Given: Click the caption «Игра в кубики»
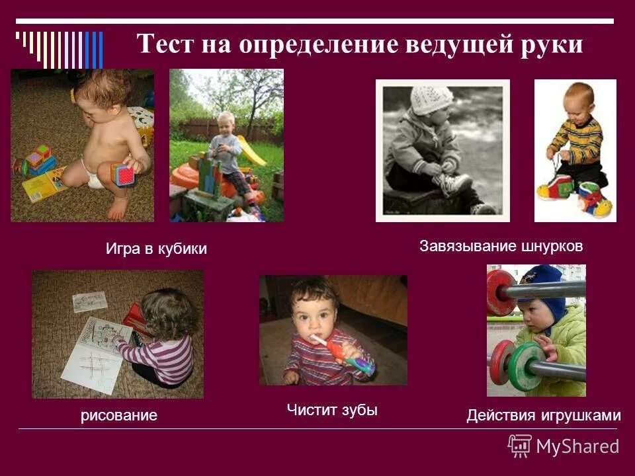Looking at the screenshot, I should [156, 249].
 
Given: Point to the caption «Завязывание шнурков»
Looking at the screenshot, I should [501, 247].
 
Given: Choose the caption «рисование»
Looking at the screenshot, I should [119, 415].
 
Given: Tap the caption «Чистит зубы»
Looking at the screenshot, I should [332, 410].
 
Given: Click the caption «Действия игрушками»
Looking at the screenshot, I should [544, 415].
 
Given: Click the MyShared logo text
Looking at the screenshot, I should [577, 446].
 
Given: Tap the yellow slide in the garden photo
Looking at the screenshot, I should [251, 151].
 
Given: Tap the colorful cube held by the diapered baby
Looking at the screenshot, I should [123, 175].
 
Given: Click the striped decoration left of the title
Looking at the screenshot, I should [60, 48].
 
